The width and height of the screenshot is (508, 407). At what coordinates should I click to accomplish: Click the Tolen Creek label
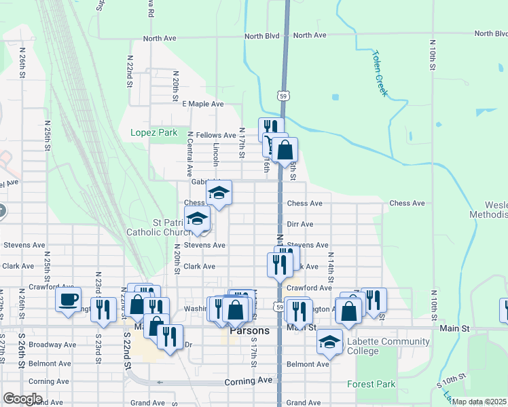pyautogui.click(x=379, y=73)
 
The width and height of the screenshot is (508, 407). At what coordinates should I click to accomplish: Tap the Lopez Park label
pyautogui.click(x=153, y=132)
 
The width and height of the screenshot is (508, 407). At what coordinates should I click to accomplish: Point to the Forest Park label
pyautogui.click(x=371, y=384)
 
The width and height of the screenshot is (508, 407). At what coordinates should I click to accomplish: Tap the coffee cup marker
pyautogui.click(x=68, y=300)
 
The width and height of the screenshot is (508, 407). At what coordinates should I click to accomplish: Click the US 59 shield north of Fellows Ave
pyautogui.click(x=283, y=96)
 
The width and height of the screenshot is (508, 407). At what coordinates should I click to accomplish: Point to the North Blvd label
pyautogui.click(x=264, y=35)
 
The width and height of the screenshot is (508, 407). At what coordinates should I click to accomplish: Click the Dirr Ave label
pyautogui.click(x=300, y=224)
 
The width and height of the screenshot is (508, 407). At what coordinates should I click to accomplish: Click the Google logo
pyautogui.click(x=22, y=398)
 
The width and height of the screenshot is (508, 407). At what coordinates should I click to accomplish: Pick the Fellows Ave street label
pyautogui.click(x=216, y=136)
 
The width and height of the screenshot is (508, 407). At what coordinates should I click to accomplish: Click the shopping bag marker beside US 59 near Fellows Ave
pyautogui.click(x=286, y=150)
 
